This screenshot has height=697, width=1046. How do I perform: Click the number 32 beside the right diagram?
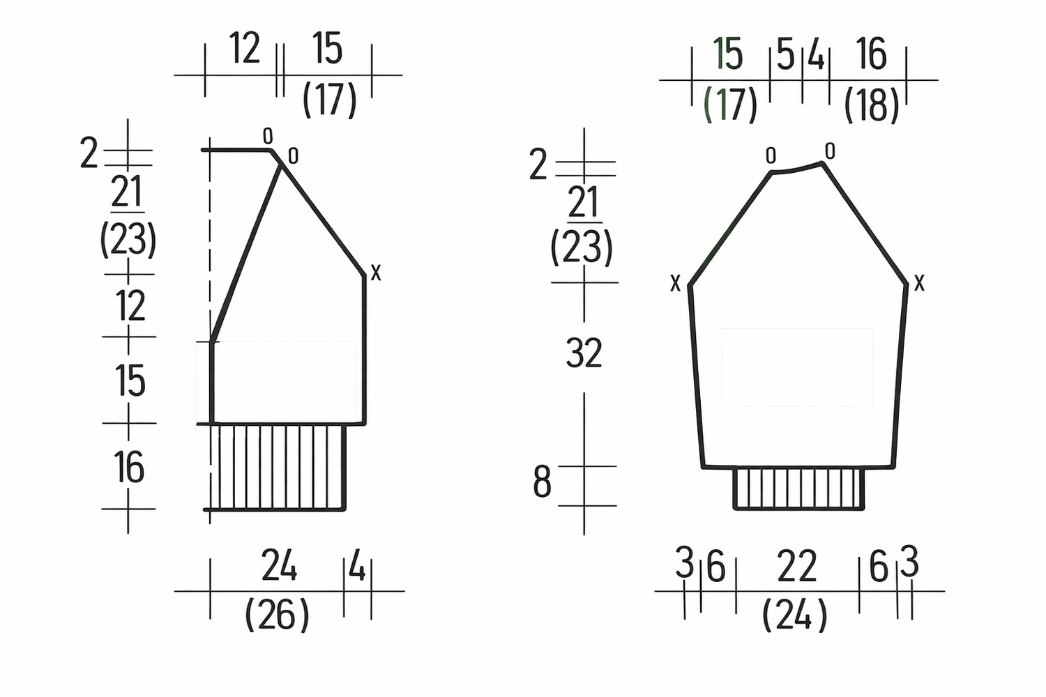click(x=584, y=353)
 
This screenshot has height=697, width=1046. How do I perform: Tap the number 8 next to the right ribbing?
click(x=542, y=482)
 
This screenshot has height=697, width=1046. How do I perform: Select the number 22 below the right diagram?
click(x=796, y=566)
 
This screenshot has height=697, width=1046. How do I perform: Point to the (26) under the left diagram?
click(x=277, y=614)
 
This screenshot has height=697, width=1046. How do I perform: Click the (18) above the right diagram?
click(x=872, y=106)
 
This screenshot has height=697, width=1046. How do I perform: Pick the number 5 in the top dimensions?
click(x=785, y=55)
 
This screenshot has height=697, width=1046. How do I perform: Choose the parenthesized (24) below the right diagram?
click(x=795, y=615)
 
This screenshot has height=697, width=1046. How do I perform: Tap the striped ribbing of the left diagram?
click(x=278, y=467)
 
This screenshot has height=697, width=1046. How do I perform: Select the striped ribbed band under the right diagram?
click(x=798, y=488)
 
